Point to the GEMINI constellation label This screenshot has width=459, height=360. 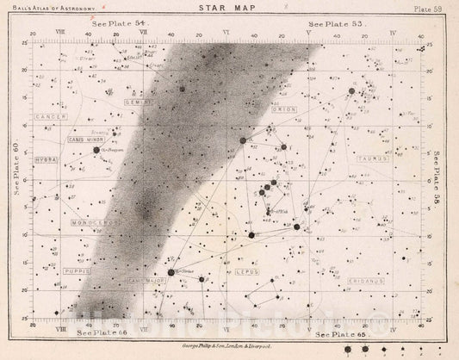click(161, 124)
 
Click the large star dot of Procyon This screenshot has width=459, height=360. click(96, 150)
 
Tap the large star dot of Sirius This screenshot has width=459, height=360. click(171, 273)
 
